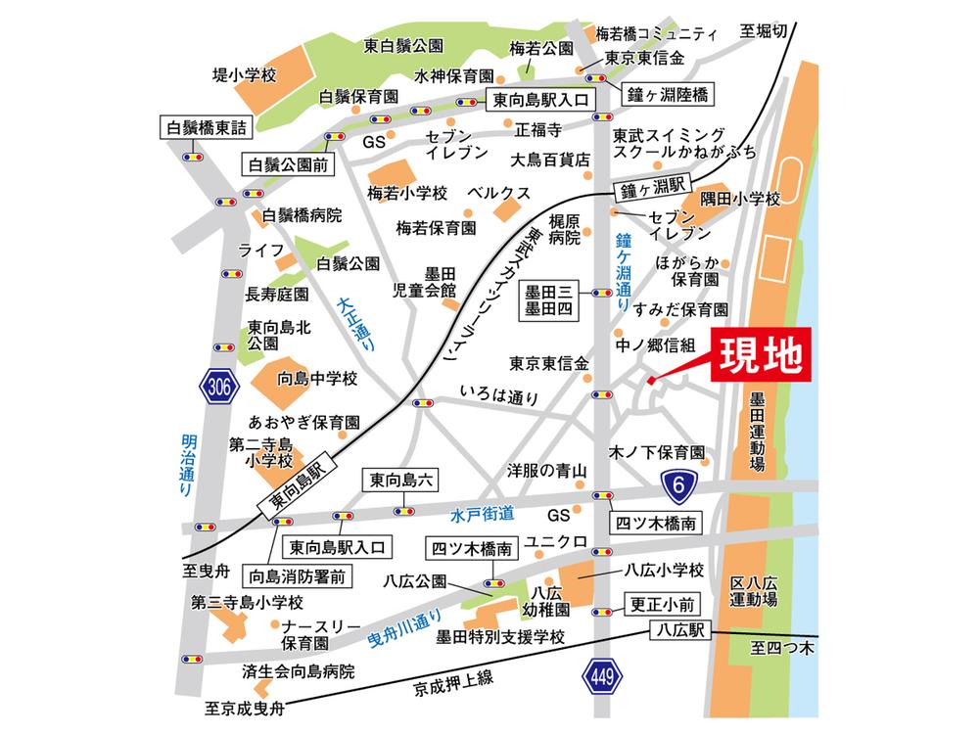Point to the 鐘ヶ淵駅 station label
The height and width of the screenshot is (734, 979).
pos(653,187)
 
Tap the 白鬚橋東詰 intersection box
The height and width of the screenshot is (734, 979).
pos(207,126)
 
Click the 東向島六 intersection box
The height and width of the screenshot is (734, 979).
pos(402,481)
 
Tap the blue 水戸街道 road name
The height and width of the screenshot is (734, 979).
pos(483,513)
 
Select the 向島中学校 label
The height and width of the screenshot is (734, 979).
pos(318,378)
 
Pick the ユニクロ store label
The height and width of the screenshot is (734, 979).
pos(556,540)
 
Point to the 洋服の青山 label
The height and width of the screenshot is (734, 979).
pos(546,471)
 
